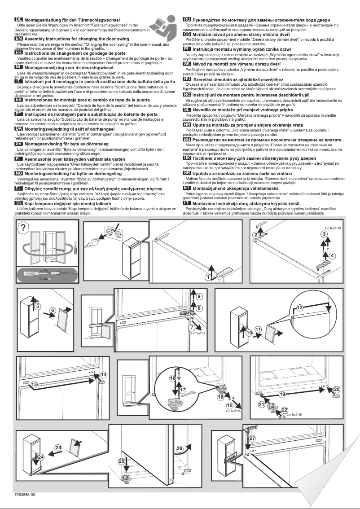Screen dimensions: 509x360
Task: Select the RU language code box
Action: [x=187, y=20]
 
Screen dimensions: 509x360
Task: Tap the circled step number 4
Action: [x=333, y=255]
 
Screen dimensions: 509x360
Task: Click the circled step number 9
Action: [x=199, y=296]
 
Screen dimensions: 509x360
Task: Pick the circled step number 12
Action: [x=299, y=307]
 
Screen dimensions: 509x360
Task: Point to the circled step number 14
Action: [x=104, y=375]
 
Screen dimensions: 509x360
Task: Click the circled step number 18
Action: [x=173, y=378]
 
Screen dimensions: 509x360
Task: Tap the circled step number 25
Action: [x=122, y=461]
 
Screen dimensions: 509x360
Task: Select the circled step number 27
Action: [x=252, y=438]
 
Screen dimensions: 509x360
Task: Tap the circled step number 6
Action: [x=53, y=311]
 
